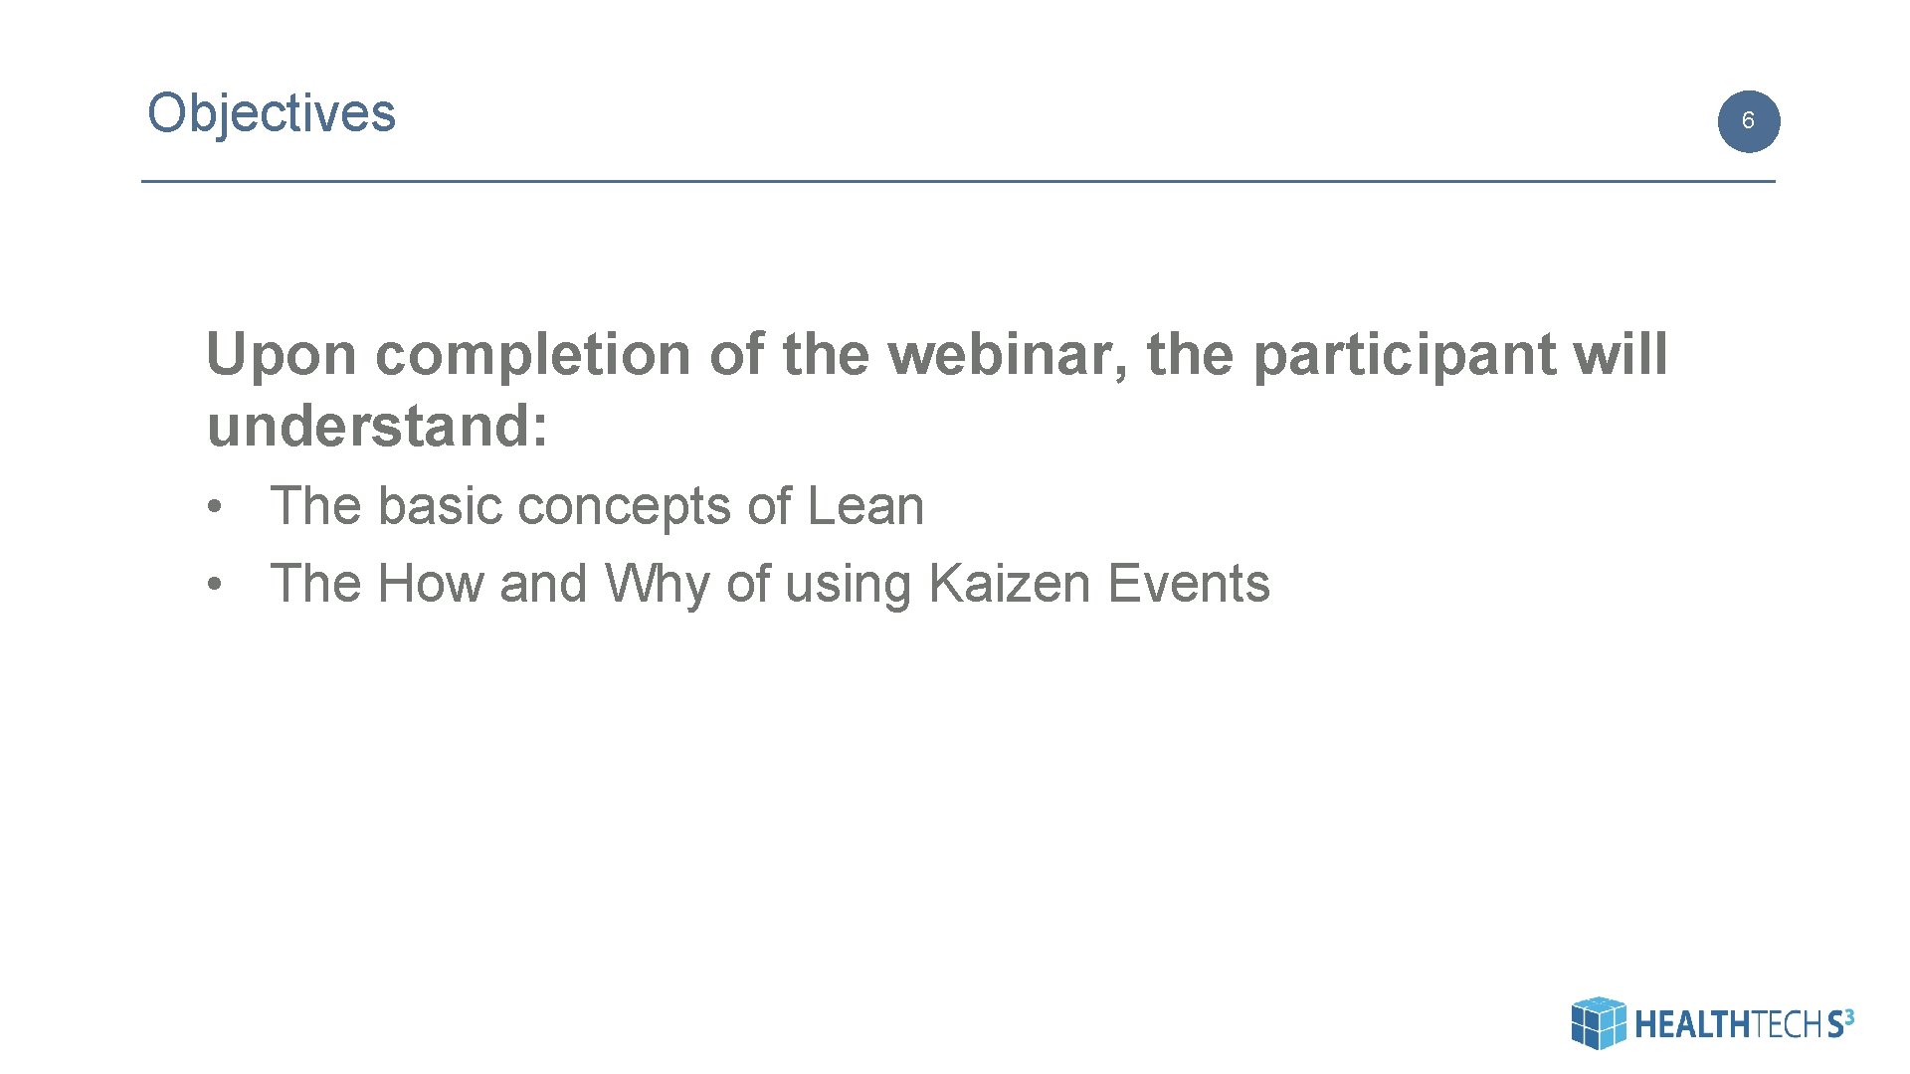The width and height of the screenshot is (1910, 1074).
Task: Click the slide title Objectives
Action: click(x=271, y=113)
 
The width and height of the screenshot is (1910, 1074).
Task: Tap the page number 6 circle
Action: click(x=1748, y=121)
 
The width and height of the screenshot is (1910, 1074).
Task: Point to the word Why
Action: click(x=657, y=585)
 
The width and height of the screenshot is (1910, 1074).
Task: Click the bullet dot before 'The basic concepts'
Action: click(x=213, y=508)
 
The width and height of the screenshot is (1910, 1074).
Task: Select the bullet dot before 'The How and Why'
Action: click(x=213, y=586)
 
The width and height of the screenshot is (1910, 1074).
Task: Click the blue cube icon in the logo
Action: click(x=1598, y=1022)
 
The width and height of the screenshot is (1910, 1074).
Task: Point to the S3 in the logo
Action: click(x=1839, y=1022)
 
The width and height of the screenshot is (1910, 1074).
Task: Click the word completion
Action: click(x=532, y=356)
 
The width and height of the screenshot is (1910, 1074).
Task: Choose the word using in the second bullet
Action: click(x=848, y=585)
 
